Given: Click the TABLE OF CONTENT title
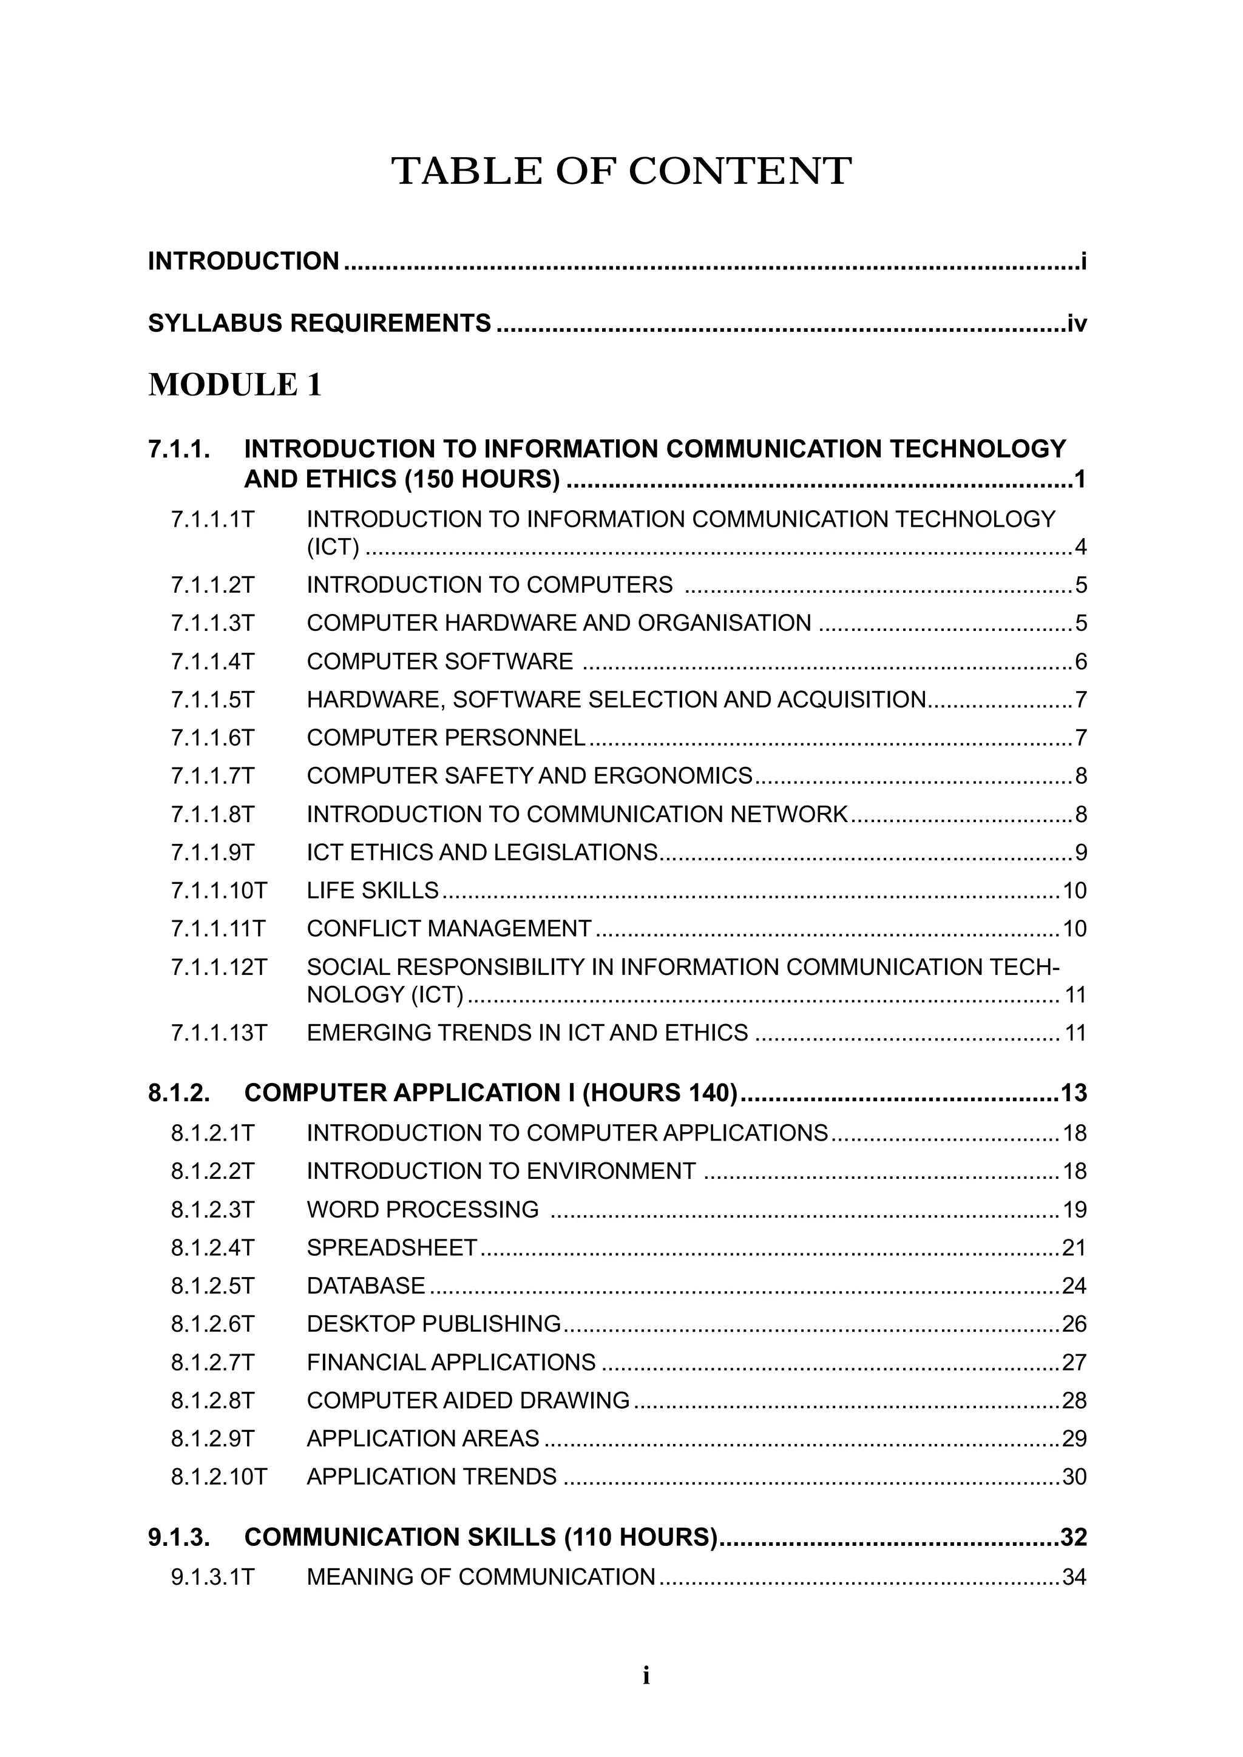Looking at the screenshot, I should click(621, 170).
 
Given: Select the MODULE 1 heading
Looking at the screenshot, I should click(234, 385).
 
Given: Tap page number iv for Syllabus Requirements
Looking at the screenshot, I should click(1076, 324).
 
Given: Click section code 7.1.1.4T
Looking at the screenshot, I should click(212, 661).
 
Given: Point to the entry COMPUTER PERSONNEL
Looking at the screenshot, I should click(445, 738).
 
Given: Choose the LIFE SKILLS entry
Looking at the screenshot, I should click(373, 890).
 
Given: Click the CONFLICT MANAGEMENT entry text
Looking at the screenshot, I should click(449, 928).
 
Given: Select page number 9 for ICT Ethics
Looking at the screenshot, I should click(1080, 852).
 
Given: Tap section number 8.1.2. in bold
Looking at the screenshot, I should click(179, 1093).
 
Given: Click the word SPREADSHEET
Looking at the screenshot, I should click(392, 1248).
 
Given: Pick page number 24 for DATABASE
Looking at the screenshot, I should click(1074, 1286).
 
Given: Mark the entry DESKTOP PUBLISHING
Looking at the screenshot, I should click(434, 1324).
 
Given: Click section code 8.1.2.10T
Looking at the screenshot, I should click(219, 1476).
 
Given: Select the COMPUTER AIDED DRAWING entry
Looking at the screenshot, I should click(468, 1400).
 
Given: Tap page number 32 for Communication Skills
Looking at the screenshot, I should click(1073, 1537).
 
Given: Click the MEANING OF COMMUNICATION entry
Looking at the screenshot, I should click(481, 1577).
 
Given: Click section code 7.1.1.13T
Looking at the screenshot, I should click(219, 1033).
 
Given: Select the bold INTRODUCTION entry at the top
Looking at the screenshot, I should click(243, 261).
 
